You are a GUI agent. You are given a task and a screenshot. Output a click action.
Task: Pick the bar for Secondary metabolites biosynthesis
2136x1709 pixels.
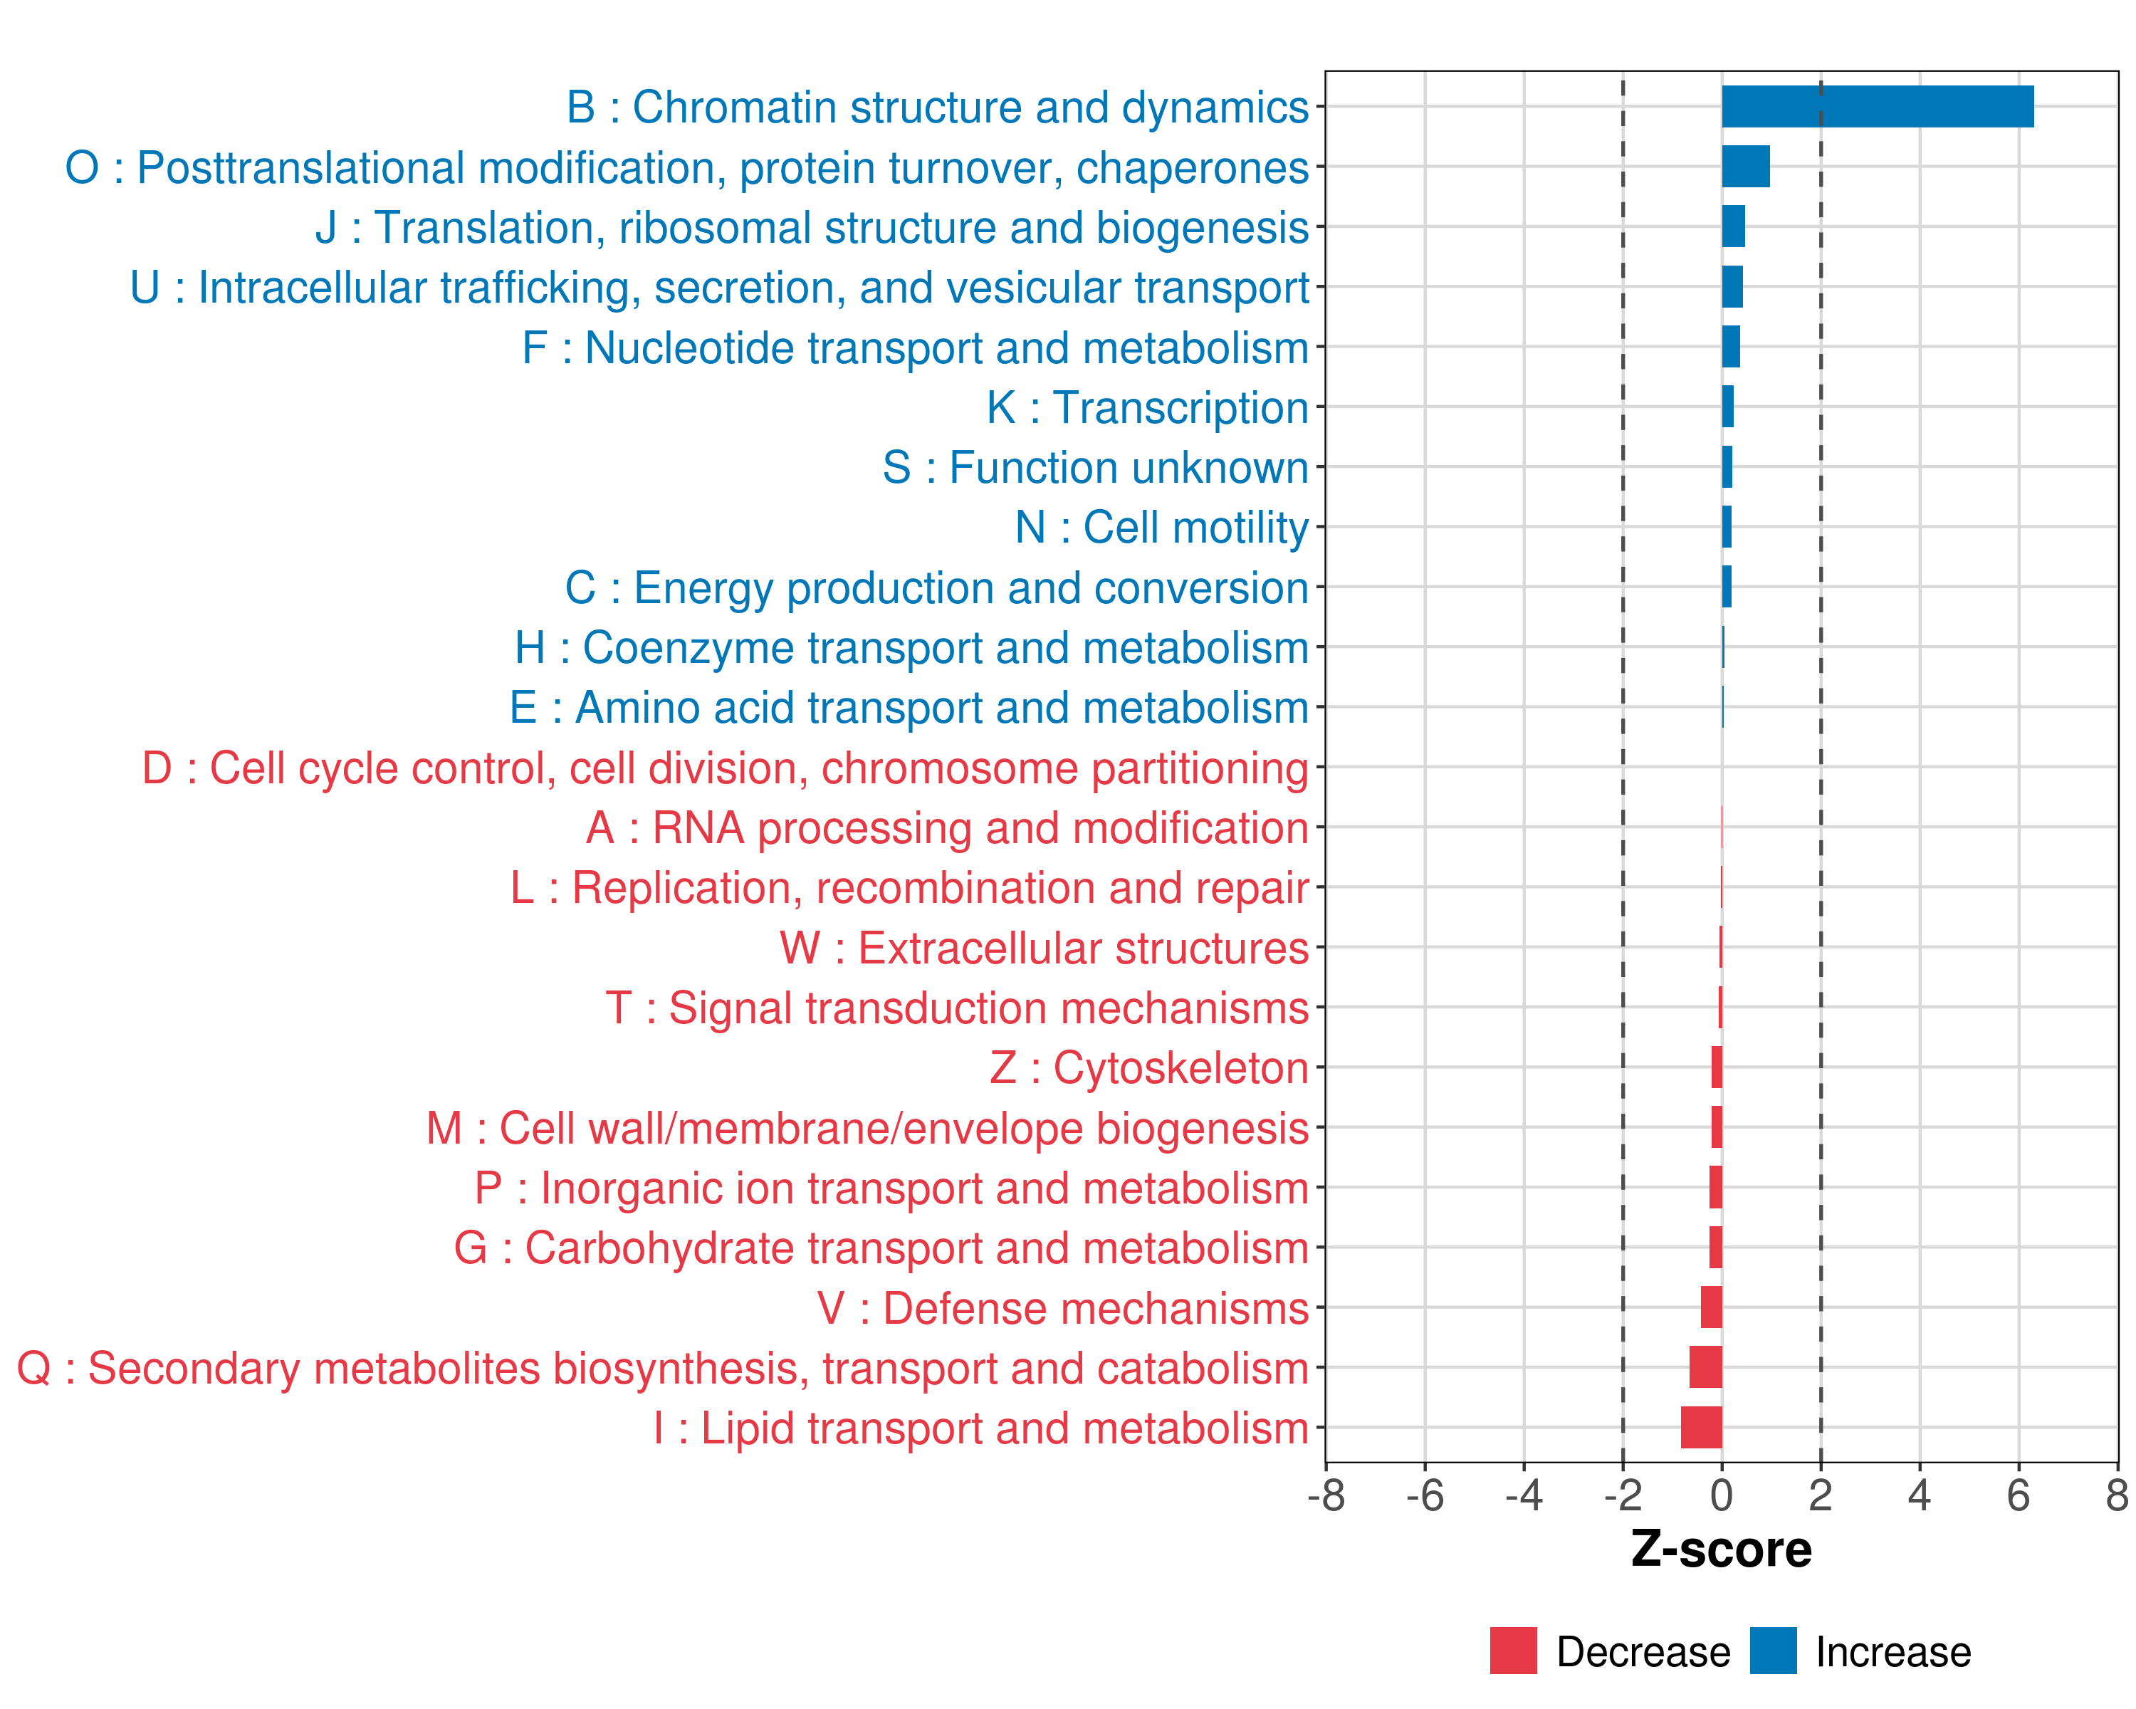click(1705, 1367)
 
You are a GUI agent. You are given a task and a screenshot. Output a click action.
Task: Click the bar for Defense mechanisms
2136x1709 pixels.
click(1711, 1308)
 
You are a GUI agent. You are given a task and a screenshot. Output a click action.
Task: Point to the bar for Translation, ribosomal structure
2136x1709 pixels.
click(1733, 227)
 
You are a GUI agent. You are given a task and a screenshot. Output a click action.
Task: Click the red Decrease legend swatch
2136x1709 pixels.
click(1513, 1651)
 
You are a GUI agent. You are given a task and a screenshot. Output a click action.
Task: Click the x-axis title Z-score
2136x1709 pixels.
click(1721, 1549)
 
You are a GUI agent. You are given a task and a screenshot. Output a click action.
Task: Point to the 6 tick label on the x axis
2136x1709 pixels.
click(2018, 1496)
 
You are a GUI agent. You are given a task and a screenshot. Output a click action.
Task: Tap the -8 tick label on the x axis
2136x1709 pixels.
click(1326, 1496)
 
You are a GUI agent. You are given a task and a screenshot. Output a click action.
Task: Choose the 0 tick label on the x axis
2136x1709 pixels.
click(1722, 1496)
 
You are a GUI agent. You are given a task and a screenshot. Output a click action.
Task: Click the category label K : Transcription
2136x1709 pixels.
click(1147, 407)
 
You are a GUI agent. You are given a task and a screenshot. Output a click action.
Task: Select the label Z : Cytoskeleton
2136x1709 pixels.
click(1149, 1068)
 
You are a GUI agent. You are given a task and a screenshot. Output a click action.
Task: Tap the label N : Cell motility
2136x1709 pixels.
click(1161, 527)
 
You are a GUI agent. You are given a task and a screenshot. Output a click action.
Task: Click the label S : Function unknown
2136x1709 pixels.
click(1095, 468)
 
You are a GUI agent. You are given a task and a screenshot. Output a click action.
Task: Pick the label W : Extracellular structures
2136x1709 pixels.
click(1045, 948)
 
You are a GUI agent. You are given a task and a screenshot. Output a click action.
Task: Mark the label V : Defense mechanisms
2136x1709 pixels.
click(1063, 1308)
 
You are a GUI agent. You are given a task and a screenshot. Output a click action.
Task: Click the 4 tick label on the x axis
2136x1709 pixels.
click(1919, 1496)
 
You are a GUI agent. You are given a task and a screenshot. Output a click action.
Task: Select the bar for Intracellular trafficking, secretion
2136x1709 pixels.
click(1732, 287)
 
